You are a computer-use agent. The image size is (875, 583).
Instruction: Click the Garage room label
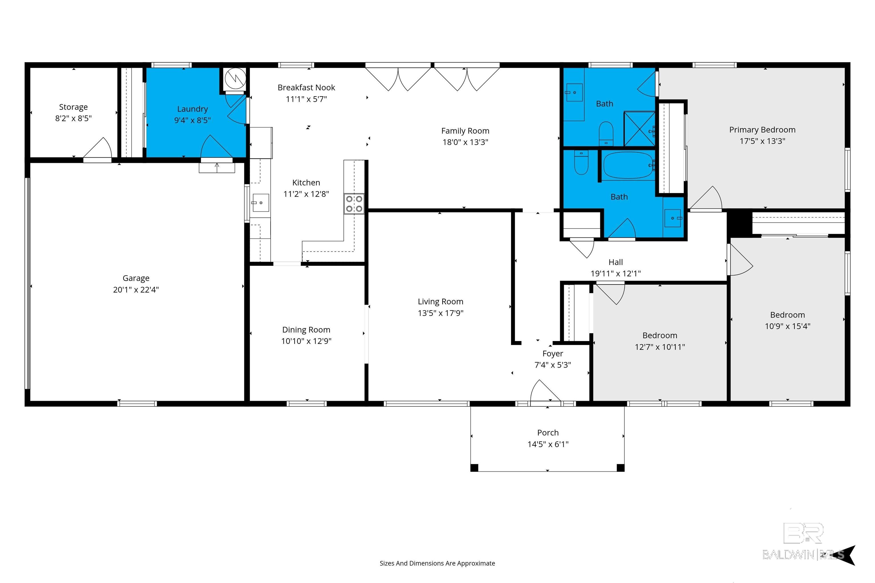coord(136,278)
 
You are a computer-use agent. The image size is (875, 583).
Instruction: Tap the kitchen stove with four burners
coord(354,204)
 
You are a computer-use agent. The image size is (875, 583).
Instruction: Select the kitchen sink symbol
coord(260,203)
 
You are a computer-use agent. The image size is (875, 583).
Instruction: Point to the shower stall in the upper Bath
coord(639,129)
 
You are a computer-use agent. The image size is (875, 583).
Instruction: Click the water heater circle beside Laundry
coord(235,79)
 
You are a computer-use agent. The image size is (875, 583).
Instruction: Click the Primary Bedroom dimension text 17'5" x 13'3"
coord(762,141)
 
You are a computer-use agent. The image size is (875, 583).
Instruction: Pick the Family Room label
coord(465,131)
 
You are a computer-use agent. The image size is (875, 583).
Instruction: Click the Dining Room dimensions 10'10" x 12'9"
coord(306,341)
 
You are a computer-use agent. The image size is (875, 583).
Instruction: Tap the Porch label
coord(548,432)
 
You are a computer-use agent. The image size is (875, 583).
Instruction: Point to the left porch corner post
coord(474,468)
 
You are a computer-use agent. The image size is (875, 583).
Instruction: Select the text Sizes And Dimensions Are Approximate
coord(437,563)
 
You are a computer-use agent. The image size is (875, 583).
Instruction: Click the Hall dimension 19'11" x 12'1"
coord(616,274)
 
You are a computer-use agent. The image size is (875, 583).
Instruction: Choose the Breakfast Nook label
coord(306,87)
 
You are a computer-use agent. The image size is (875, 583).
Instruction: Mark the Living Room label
coord(440,301)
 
